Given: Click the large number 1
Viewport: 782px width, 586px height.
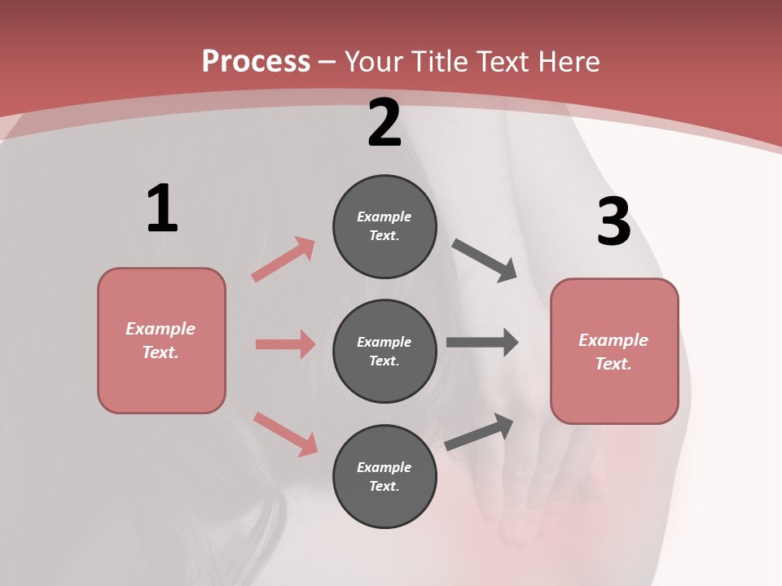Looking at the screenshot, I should (162, 208).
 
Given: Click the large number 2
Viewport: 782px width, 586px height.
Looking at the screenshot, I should (384, 123).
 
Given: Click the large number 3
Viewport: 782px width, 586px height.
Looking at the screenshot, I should (613, 222).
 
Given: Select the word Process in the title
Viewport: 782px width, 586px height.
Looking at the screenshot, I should (256, 62).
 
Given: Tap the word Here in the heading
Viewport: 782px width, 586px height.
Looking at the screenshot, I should (569, 62).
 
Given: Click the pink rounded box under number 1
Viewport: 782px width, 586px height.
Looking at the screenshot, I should (161, 340).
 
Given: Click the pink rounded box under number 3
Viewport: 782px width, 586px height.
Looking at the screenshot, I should (614, 351).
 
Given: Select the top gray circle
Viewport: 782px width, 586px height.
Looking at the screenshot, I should (384, 226).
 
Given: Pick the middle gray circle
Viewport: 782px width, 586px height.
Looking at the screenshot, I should (384, 351).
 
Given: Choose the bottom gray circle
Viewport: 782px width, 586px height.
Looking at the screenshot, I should (384, 476).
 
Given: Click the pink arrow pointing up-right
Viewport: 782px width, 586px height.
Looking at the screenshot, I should (283, 259).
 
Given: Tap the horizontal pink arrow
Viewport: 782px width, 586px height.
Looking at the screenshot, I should (285, 344).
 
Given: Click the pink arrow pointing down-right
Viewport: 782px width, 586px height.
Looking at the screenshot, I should (286, 434).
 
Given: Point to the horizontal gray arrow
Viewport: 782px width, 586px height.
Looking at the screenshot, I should (482, 343).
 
